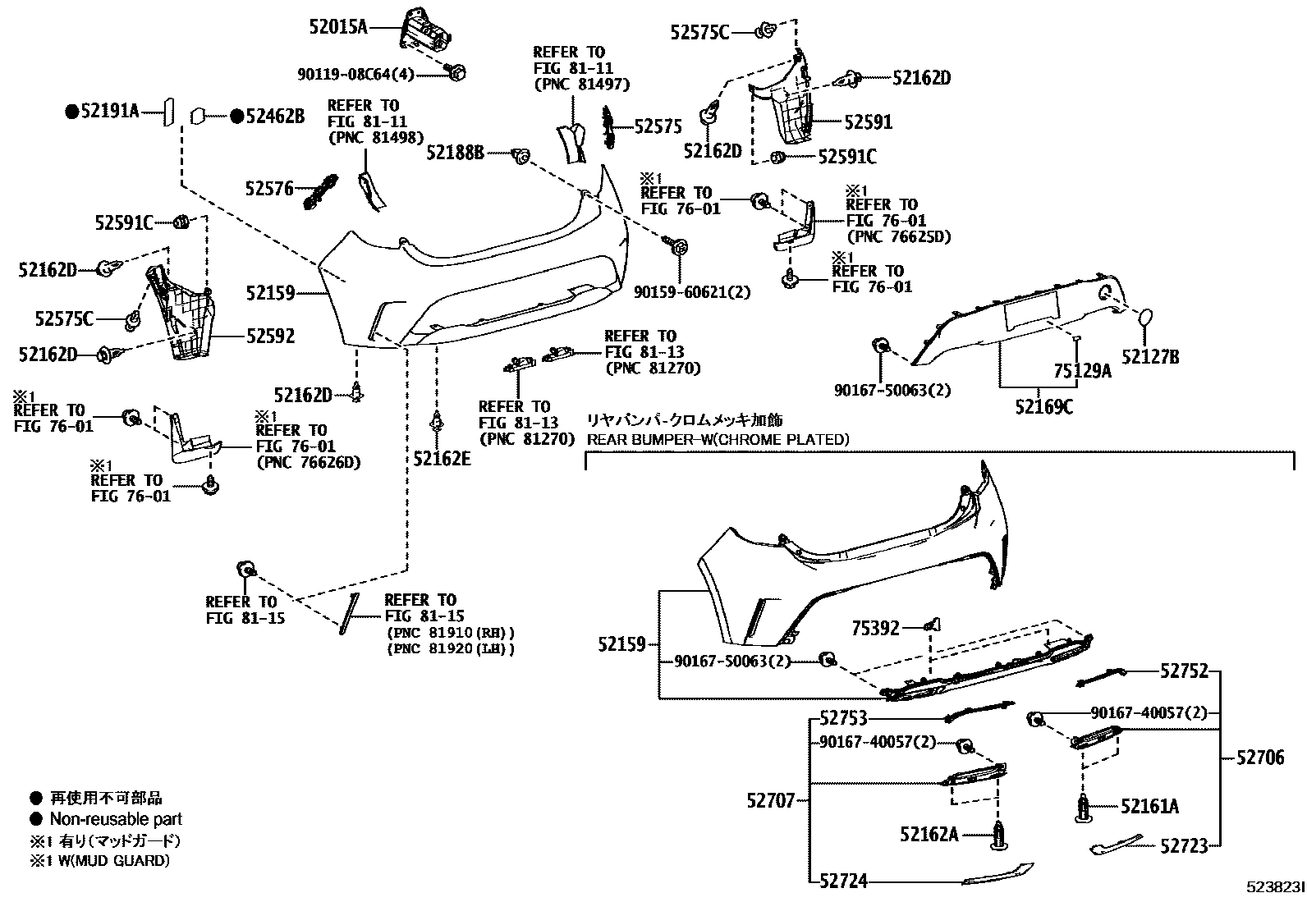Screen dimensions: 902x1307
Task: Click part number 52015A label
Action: coord(337,27)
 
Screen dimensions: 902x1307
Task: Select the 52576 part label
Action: coord(268,189)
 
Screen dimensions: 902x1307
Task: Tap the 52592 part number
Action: coord(270,336)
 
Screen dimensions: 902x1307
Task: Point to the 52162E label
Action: coord(442,459)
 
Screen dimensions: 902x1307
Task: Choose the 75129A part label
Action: coord(1082,371)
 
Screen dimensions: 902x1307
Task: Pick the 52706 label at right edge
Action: coord(1260,758)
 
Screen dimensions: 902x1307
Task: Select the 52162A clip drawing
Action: coord(1001,834)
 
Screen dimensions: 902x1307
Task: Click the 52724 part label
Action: coord(843,881)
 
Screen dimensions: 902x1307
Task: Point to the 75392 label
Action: coord(875,628)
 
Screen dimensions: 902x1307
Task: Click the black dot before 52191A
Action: coord(71,111)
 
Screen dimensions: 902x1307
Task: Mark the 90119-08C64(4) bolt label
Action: coord(355,75)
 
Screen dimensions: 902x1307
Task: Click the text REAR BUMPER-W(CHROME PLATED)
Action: coord(717,439)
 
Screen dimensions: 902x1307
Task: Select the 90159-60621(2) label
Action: coord(692,291)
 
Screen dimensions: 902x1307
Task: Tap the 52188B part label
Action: coord(456,152)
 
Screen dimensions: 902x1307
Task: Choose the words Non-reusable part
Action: coord(116,818)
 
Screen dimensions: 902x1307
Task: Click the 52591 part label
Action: coord(869,122)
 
